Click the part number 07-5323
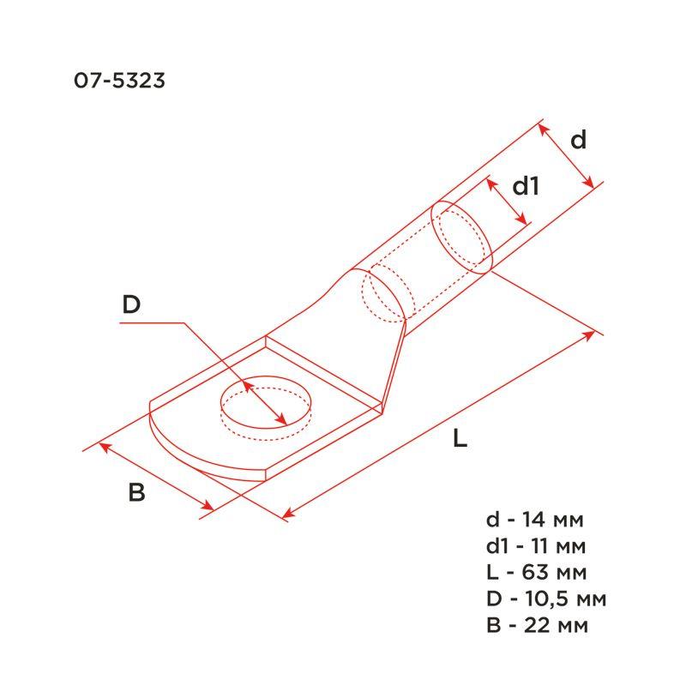tap(119, 81)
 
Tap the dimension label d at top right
tap(578, 140)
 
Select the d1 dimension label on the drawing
tap(526, 186)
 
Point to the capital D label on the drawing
tap(131, 304)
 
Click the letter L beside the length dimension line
tap(460, 438)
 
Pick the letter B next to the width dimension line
tap(136, 492)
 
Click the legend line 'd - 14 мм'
tap(534, 520)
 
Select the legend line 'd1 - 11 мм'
tap(535, 546)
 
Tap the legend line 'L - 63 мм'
tap(537, 572)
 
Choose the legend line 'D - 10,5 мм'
tap(546, 599)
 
